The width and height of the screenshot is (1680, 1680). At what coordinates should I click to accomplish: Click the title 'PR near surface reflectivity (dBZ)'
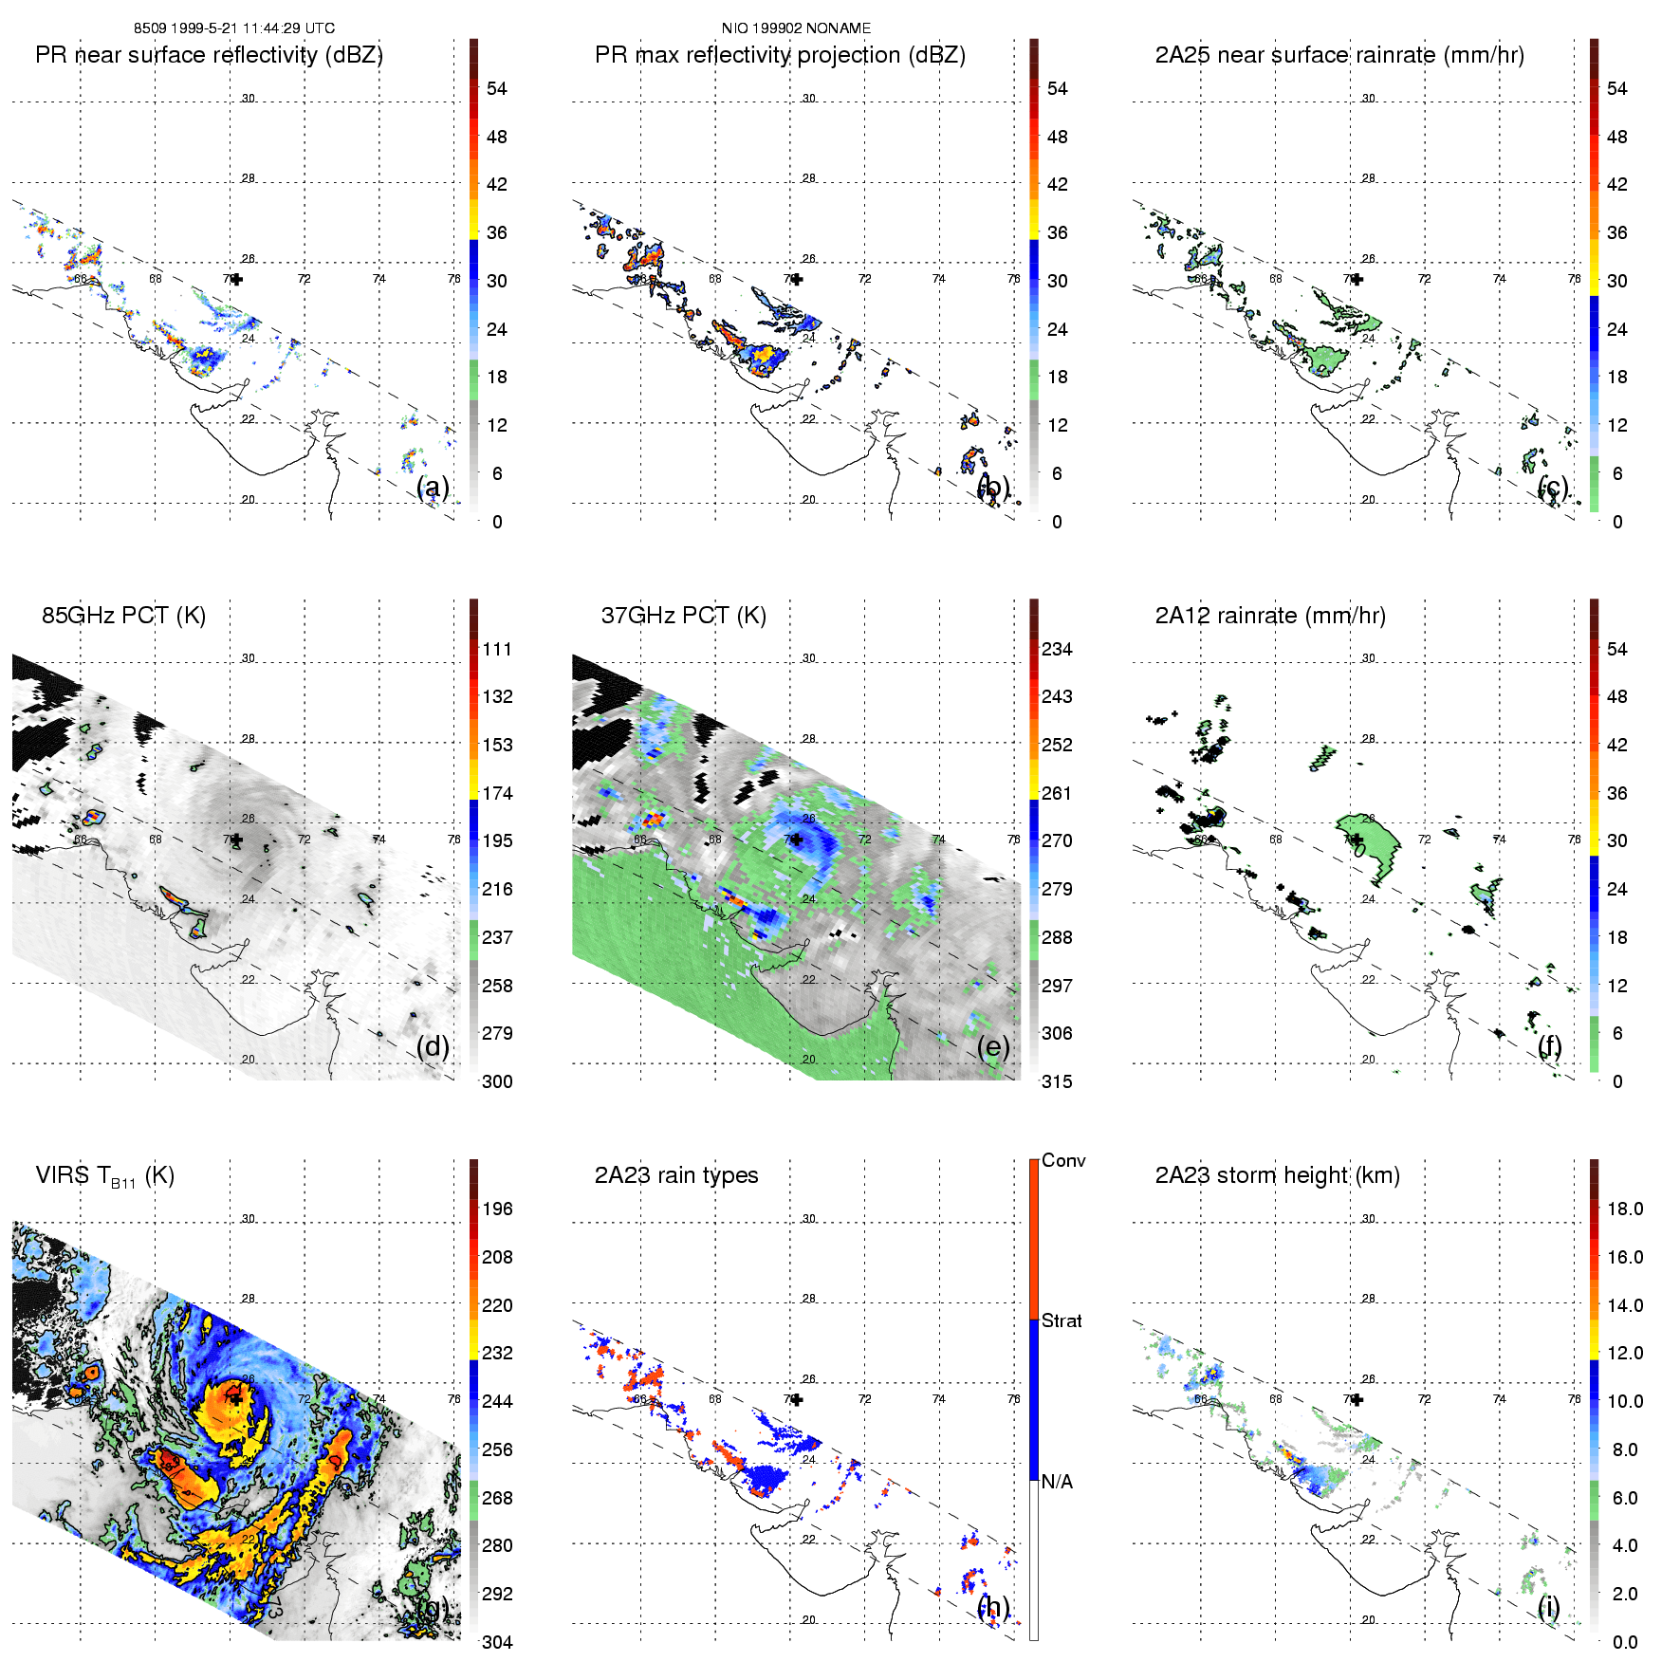(x=209, y=55)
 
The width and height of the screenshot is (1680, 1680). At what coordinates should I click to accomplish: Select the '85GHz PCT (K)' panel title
(x=123, y=616)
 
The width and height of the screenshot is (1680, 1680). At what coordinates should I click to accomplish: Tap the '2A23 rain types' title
(x=675, y=1175)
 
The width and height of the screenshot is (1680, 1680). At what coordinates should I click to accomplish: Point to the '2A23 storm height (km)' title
(x=1277, y=1175)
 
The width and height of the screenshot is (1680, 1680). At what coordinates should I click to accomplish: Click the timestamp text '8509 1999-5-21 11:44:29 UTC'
(x=233, y=28)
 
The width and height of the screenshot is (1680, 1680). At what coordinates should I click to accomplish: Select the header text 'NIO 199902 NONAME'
(x=796, y=28)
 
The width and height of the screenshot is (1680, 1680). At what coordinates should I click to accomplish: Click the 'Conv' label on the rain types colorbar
(x=1063, y=1161)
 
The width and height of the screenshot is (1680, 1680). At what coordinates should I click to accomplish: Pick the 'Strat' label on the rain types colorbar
(x=1062, y=1321)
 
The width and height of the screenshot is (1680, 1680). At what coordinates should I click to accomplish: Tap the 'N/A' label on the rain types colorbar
(x=1057, y=1482)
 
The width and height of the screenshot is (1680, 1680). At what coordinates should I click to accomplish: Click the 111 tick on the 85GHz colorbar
(x=497, y=650)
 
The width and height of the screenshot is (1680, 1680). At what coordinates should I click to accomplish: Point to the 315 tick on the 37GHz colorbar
(x=1057, y=1082)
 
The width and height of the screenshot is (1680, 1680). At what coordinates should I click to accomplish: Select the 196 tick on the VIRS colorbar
(x=497, y=1209)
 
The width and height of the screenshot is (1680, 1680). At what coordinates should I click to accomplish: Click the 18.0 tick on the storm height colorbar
(x=1625, y=1209)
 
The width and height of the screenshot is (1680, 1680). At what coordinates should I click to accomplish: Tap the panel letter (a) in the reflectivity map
(x=433, y=488)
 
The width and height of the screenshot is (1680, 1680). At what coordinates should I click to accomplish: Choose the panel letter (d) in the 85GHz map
(x=433, y=1047)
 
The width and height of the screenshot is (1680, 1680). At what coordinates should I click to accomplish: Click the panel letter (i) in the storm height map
(x=1548, y=1607)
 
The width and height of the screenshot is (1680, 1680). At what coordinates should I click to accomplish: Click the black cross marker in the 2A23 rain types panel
(x=797, y=1399)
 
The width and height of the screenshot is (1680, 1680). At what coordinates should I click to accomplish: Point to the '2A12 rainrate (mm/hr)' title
(x=1270, y=616)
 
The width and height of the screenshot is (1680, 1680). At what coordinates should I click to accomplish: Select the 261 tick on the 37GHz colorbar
(x=1057, y=794)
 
